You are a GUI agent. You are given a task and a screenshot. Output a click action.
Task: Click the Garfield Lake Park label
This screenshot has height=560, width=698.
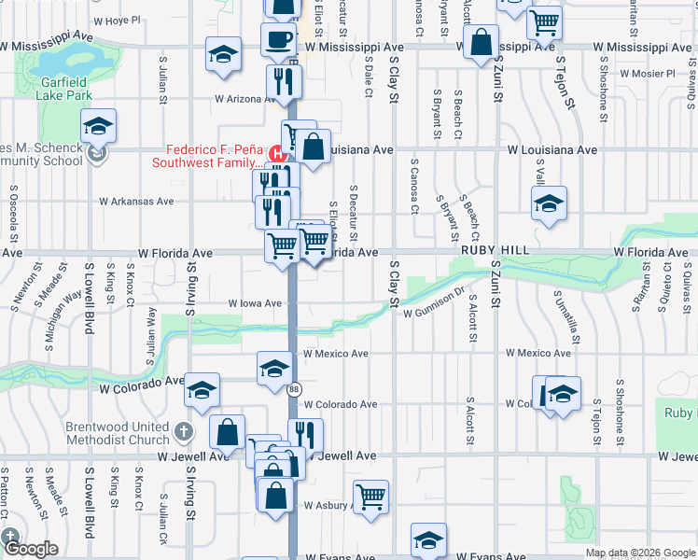[x=64, y=89]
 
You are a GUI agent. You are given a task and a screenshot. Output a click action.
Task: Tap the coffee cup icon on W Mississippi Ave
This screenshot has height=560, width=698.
[x=278, y=40]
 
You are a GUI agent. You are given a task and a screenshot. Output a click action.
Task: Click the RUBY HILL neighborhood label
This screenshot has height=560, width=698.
[x=495, y=252]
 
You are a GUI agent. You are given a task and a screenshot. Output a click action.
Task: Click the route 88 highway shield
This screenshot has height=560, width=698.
[x=294, y=389]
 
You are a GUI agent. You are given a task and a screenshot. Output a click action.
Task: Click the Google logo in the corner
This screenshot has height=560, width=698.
[x=31, y=550]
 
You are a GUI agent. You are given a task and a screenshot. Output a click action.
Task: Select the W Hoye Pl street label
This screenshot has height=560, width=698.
[x=117, y=20]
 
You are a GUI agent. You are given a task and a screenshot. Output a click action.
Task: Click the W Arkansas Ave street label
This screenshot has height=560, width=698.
[x=139, y=201]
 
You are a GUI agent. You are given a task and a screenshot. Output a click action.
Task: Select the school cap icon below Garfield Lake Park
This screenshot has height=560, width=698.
[x=98, y=125]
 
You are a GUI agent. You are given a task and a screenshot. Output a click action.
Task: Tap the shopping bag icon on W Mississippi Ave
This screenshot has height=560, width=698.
[x=482, y=43]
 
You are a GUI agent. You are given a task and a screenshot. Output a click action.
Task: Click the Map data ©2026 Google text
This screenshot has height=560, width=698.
[x=640, y=553]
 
